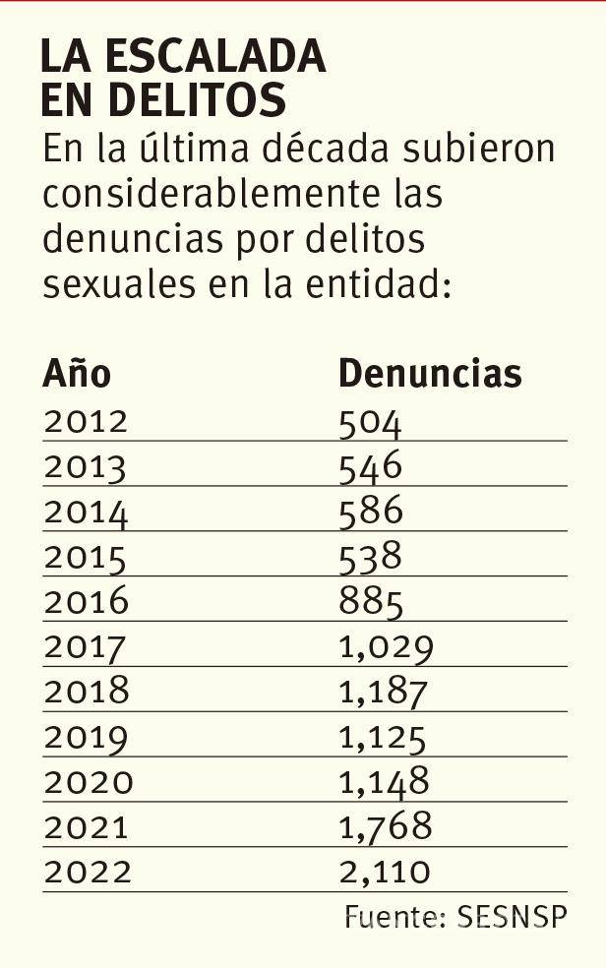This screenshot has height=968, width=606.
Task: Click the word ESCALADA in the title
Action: [213, 58]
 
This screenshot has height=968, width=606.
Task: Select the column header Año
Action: [77, 374]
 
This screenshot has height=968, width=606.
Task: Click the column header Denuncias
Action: [430, 374]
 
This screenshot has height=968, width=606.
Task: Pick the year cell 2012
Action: [86, 422]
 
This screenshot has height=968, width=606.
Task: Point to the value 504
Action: [370, 422]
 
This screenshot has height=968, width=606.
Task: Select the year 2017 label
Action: [86, 647]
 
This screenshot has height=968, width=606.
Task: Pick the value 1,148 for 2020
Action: [384, 782]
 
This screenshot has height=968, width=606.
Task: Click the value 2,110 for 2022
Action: [385, 872]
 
